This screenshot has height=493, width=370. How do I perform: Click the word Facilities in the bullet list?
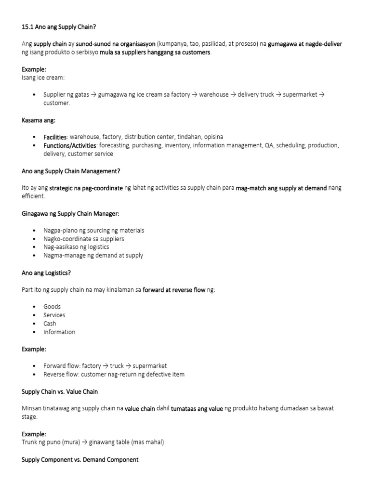click(x=54, y=137)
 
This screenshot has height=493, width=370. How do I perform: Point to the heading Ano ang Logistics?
click(x=46, y=272)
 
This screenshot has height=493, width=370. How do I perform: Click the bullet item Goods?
click(x=52, y=307)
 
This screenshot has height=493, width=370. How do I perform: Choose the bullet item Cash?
click(x=50, y=324)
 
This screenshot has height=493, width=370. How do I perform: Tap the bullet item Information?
click(x=59, y=332)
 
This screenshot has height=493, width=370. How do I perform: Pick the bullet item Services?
click(x=54, y=315)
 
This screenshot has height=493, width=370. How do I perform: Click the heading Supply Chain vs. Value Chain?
click(x=60, y=391)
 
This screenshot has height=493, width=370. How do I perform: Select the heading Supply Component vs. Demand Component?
click(x=80, y=460)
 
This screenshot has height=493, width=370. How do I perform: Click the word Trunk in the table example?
click(x=29, y=442)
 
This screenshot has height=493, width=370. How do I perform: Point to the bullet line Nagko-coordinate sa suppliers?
click(x=84, y=239)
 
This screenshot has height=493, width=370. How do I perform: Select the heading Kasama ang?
click(x=35, y=120)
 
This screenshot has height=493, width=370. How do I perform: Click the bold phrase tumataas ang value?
click(x=197, y=409)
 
